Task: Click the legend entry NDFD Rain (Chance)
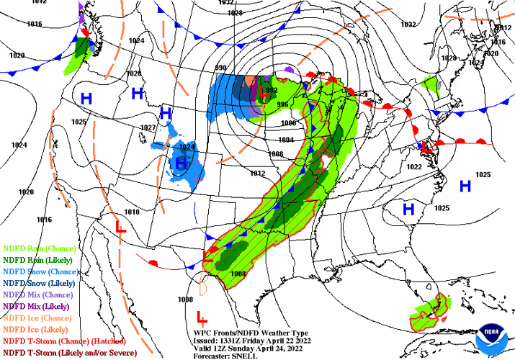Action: (35, 248)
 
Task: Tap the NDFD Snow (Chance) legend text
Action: (37, 271)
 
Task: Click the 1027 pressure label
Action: (148, 127)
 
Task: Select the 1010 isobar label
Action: (131, 212)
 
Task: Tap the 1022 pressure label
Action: (414, 167)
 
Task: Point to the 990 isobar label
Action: (220, 68)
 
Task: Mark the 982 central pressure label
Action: (272, 90)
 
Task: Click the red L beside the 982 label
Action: (263, 91)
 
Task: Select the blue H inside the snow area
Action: (181, 164)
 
